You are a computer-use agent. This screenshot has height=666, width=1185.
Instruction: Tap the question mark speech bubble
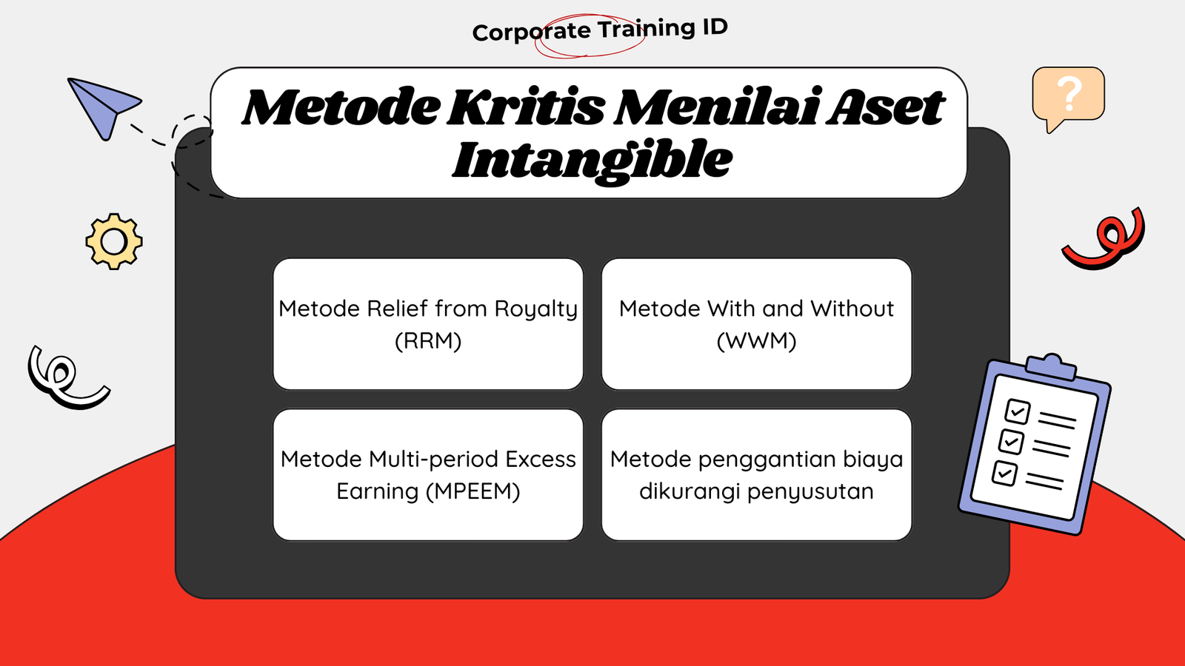(x=1068, y=98)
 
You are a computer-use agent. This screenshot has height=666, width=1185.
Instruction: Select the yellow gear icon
(x=114, y=241)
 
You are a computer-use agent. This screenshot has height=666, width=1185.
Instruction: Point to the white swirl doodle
(x=67, y=377)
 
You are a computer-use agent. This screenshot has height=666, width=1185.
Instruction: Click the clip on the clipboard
(x=1051, y=366)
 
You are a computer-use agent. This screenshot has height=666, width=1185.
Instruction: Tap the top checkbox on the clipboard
(x=1018, y=411)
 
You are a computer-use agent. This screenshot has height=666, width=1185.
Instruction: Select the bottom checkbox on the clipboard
(x=1004, y=473)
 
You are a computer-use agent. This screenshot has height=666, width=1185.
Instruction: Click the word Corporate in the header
(x=531, y=33)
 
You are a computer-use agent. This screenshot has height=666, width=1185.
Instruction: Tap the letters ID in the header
(x=715, y=27)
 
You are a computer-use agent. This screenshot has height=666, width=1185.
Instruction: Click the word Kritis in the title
(x=526, y=107)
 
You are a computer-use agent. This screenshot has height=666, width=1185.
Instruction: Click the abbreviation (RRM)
(x=429, y=340)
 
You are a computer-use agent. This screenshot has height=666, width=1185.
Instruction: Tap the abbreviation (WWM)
(x=756, y=340)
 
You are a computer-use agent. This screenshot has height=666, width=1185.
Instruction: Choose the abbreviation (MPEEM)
(x=473, y=491)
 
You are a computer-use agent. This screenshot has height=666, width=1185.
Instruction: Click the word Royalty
(x=536, y=309)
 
